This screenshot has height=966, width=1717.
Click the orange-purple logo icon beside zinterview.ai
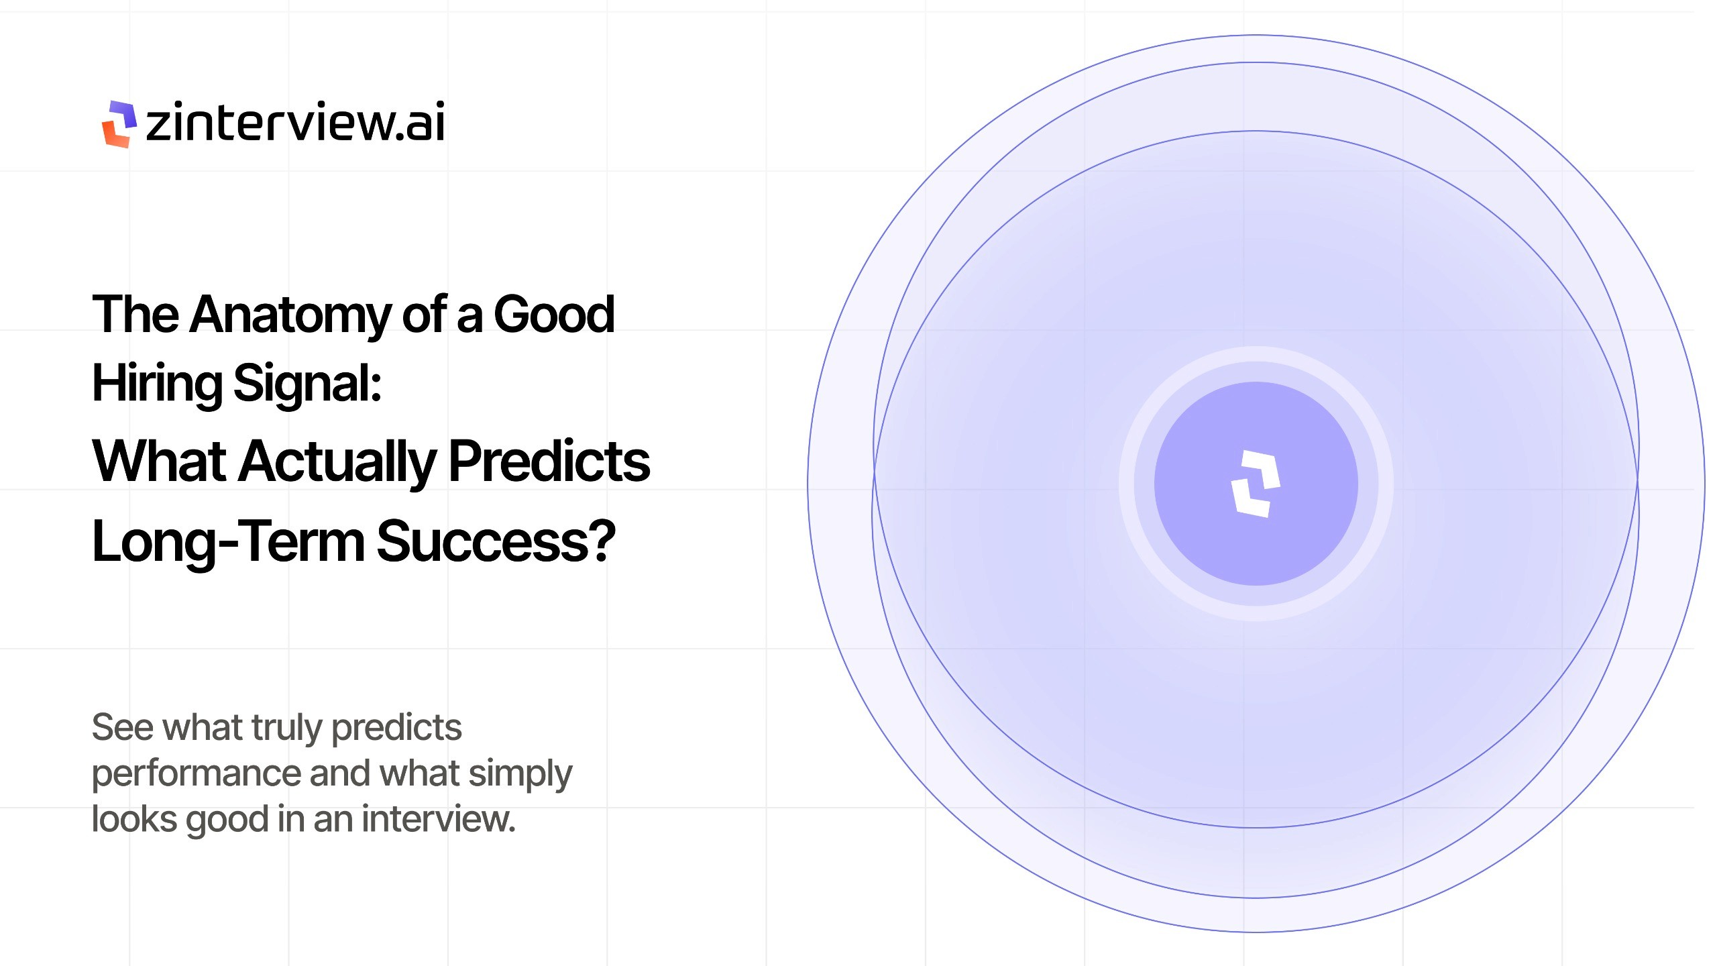click(119, 124)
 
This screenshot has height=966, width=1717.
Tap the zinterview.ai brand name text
click(295, 123)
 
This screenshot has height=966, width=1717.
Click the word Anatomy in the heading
click(290, 315)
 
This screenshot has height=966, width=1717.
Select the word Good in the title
click(554, 315)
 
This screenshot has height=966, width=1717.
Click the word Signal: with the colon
click(307, 384)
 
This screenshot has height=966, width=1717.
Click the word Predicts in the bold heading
click(549, 462)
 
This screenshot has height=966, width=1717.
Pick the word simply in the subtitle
click(520, 773)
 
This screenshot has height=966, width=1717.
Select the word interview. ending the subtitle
click(439, 819)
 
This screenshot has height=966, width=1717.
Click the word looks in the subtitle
click(134, 819)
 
